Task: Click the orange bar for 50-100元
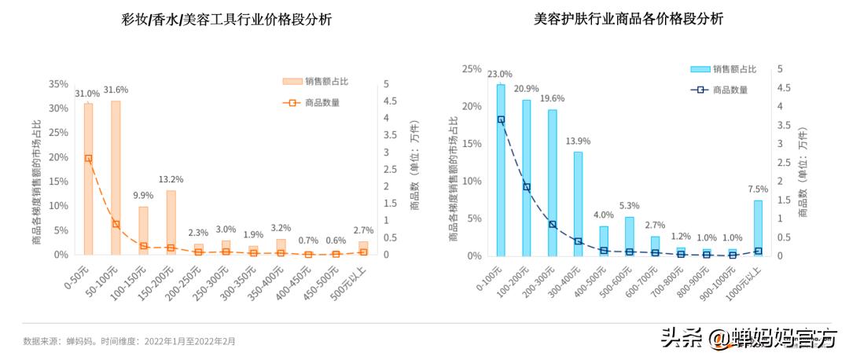pos(116,178)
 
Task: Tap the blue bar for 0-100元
pos(501,170)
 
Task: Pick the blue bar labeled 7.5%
pos(758,228)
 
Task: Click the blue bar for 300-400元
pos(578,204)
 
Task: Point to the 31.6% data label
pos(116,90)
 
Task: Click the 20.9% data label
pos(526,88)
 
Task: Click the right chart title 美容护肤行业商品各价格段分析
pos(628,20)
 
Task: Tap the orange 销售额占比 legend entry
pos(311,81)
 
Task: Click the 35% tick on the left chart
pos(58,84)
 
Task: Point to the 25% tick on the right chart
pos(472,69)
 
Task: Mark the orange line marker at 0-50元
pos(88,158)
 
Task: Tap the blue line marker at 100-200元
pos(527,187)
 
